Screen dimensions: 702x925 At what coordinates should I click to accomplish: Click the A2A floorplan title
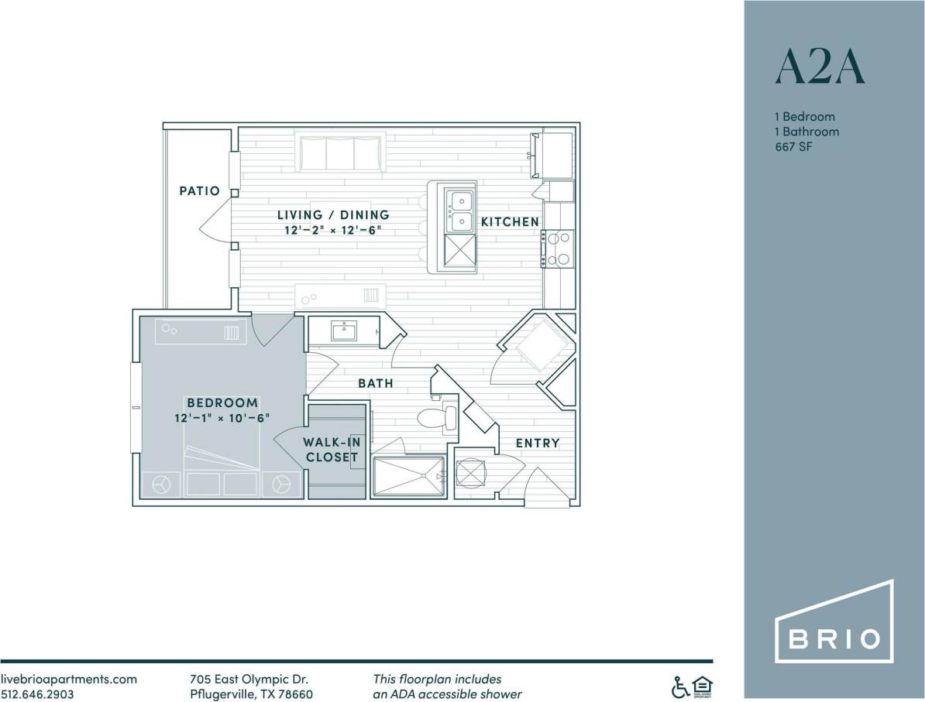[819, 68]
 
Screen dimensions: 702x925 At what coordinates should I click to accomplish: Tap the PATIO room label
[200, 190]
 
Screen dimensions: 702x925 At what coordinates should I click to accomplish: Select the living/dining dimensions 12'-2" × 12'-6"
[333, 230]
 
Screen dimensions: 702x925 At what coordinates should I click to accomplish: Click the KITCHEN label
[510, 222]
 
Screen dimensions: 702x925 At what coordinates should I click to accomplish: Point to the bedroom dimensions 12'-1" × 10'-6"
[222, 418]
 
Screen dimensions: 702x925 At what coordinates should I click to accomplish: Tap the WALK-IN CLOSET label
[332, 450]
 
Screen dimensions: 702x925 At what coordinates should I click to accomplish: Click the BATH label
[375, 383]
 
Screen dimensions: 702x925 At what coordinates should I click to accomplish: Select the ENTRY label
[538, 443]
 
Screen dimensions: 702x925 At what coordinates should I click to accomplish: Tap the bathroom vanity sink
[343, 331]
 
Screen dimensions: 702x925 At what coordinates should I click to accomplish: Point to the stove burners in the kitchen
[559, 248]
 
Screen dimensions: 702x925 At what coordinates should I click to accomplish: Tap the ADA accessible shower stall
[408, 476]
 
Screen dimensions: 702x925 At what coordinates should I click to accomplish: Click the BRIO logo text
[834, 639]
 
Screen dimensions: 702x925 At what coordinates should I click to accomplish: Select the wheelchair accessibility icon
[679, 686]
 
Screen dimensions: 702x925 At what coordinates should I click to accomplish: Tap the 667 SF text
[793, 147]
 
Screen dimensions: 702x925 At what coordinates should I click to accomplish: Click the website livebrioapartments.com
[69, 679]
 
